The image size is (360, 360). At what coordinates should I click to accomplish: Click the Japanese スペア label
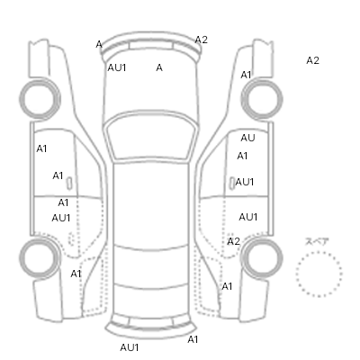(317, 241)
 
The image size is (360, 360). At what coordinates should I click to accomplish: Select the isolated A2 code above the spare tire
(312, 60)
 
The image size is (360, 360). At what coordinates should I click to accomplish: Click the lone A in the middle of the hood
(159, 67)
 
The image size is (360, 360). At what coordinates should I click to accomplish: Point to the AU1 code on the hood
(117, 67)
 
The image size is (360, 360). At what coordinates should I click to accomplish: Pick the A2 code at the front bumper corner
(202, 40)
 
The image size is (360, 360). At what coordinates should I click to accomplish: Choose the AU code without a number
(247, 138)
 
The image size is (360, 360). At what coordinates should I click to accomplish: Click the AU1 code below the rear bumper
(130, 347)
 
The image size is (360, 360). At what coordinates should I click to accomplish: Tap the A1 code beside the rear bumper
(193, 339)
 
